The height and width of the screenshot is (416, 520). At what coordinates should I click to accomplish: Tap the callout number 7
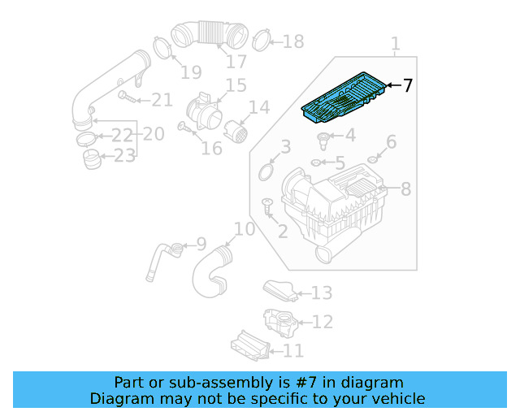tap(407, 85)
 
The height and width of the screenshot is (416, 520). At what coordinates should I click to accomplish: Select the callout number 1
tap(395, 43)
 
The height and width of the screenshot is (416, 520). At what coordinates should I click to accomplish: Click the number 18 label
tap(292, 41)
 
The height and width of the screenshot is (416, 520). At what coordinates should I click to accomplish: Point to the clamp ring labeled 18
tap(262, 39)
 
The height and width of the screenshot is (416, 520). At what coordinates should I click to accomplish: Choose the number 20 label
tap(154, 132)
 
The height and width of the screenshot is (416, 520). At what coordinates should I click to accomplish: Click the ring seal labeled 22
tap(86, 138)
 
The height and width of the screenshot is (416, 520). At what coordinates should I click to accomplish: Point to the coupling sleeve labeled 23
tap(92, 157)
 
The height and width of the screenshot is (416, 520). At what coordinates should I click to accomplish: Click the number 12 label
tap(322, 323)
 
